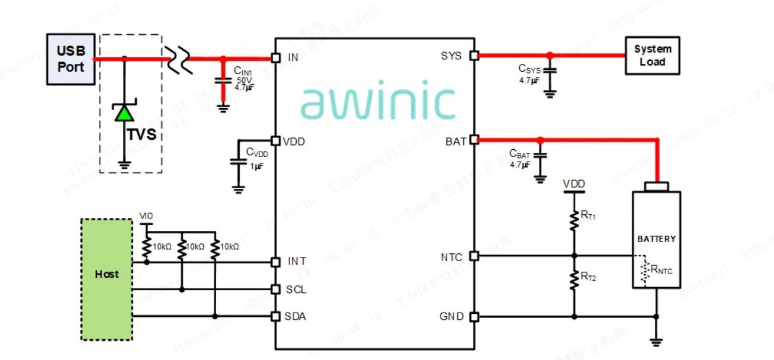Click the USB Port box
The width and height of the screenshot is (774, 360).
pos(70,59)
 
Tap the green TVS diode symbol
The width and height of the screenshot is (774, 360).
pos(124,112)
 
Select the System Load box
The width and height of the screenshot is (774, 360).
pos(652,56)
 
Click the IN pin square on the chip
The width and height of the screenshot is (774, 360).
pos(275,57)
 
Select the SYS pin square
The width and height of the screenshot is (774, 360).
pos(474,56)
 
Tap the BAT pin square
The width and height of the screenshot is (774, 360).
pos(474,140)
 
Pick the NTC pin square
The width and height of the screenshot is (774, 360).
pos(474,256)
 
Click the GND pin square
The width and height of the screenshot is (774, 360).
pos(474,317)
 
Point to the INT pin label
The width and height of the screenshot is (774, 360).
pos(297,261)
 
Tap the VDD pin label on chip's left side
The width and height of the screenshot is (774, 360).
pos(294,142)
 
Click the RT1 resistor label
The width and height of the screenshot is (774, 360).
pos(588,216)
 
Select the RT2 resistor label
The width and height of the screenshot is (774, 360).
pos(588,276)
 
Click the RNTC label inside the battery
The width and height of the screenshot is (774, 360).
pos(661,271)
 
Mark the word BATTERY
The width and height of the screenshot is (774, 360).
pos(656,239)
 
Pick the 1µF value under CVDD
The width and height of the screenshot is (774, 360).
pos(256,166)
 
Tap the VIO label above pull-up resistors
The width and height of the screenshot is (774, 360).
pos(145,216)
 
